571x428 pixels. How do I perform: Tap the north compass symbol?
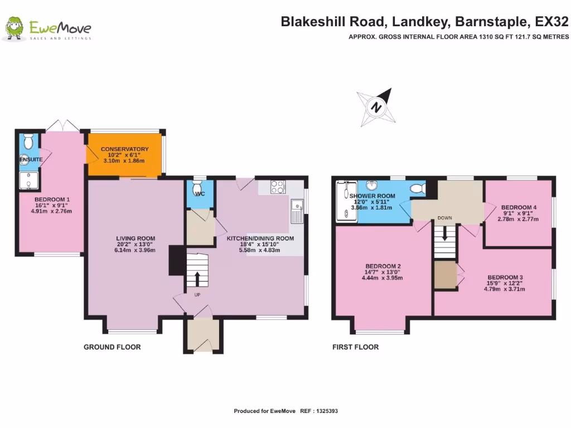[x=378, y=107]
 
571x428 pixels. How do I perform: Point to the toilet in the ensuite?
[x=30, y=141]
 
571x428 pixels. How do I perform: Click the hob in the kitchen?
[x=278, y=187]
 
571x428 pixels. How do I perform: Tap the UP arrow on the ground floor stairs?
[x=197, y=278]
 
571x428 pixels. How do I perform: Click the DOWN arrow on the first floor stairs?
[x=444, y=235]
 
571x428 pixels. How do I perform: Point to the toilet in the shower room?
[x=417, y=189]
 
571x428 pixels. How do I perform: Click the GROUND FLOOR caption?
[x=112, y=347]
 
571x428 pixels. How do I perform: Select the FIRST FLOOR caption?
[x=355, y=347]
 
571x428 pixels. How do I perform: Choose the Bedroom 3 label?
[x=505, y=277]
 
